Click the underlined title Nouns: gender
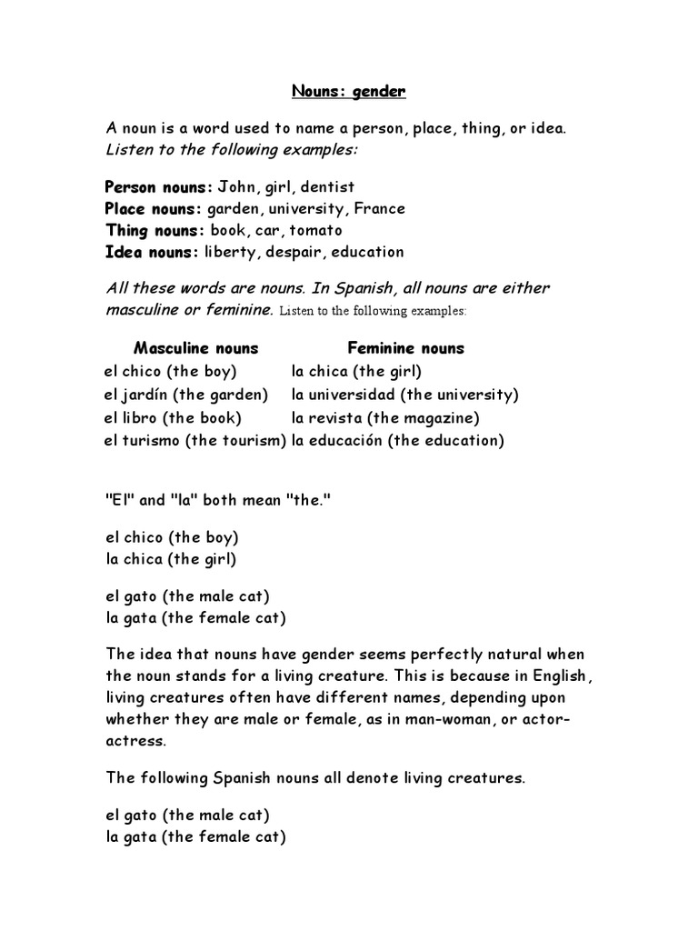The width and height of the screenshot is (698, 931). (348, 91)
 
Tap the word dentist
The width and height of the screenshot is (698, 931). (324, 186)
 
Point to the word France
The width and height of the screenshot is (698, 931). (379, 208)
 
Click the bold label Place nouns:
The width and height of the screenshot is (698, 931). (154, 208)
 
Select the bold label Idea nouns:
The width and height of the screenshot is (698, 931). (151, 252)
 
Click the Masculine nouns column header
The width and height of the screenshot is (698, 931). (195, 348)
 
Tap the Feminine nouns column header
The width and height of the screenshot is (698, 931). (405, 348)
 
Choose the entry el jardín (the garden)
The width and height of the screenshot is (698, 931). (186, 395)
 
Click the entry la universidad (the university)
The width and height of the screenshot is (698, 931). (404, 395)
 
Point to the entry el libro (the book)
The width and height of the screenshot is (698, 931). (173, 418)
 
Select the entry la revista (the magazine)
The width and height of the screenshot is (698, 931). (385, 418)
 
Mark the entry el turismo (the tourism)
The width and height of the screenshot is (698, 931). (195, 441)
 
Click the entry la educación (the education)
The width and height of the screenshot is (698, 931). (397, 441)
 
